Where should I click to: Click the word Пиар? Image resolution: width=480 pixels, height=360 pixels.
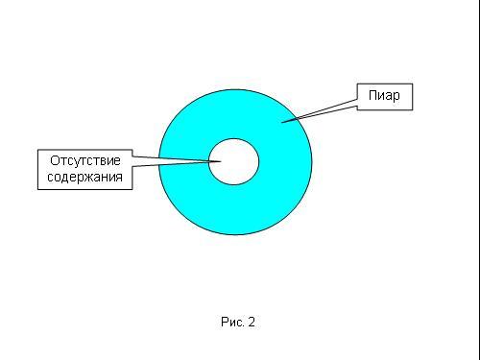384,96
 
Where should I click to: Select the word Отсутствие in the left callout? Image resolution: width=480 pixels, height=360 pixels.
85,160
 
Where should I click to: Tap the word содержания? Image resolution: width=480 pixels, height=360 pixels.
84,177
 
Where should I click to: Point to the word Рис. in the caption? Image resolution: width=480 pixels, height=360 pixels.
232,322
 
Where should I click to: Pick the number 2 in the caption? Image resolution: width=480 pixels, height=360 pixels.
252,322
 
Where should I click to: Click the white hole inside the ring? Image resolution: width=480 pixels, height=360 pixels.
233,161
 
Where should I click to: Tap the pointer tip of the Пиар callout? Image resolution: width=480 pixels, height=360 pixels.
281,122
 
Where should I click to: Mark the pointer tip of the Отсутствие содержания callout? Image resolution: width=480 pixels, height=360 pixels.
221,161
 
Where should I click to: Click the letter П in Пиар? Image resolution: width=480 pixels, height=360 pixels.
372,95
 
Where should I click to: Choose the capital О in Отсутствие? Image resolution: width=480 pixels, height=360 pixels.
55,160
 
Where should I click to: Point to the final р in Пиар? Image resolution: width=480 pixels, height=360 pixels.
396,97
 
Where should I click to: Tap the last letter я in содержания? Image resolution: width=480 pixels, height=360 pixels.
119,178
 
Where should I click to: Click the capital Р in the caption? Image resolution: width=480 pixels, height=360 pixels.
225,322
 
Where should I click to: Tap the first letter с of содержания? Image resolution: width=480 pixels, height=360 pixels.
50,178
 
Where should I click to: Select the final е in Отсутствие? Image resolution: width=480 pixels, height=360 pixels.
117,161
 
